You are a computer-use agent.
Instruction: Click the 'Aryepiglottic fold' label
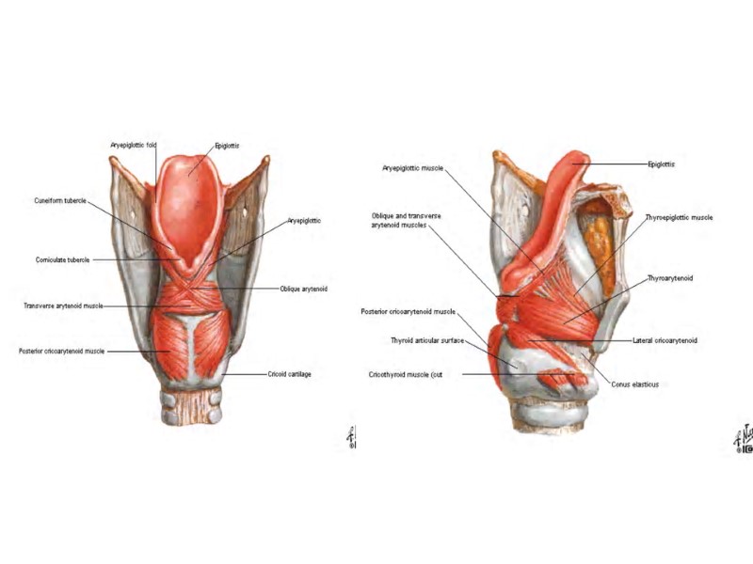133,145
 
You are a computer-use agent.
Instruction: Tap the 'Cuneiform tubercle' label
61,199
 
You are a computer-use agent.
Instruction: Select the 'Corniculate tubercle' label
63,259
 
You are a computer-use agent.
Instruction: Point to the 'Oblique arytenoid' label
303,289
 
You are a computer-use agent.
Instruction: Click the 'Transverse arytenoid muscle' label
63,305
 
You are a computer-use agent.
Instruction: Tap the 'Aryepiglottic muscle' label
411,169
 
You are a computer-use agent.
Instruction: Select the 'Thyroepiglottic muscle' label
679,217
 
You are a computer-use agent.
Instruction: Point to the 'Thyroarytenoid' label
670,279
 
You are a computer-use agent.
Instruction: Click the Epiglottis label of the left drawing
227,146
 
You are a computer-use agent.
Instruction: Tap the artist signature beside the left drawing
351,437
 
